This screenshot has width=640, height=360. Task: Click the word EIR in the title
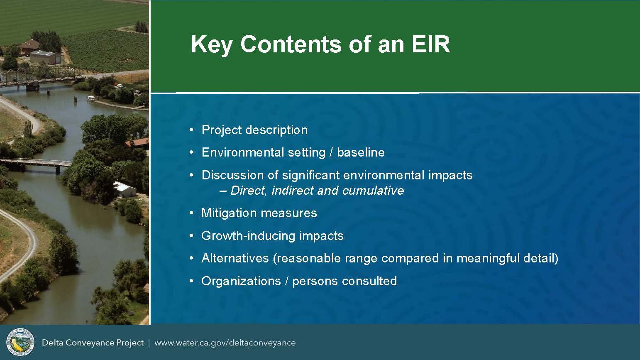[x=431, y=44]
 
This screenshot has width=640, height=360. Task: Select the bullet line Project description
[x=254, y=130]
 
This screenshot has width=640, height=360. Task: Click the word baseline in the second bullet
[x=361, y=152]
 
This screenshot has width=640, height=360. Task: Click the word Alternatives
[x=235, y=258]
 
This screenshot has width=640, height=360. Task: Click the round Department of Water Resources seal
[x=20, y=342]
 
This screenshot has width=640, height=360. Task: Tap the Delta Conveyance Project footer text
[x=93, y=343]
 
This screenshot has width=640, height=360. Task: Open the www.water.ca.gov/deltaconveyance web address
[x=225, y=343]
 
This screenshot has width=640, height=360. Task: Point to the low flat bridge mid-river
[x=35, y=164]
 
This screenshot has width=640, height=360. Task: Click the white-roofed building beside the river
[x=125, y=189]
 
